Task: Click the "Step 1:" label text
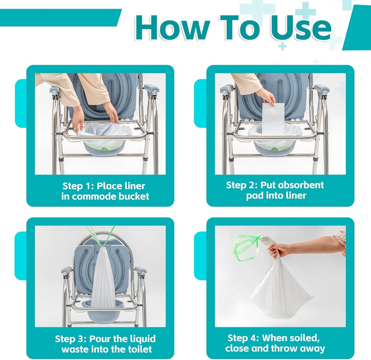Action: pos(78,186)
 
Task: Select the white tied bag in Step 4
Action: pos(281,290)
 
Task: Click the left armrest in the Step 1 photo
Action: pos(54,90)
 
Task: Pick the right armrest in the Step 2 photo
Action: pos(322,88)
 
